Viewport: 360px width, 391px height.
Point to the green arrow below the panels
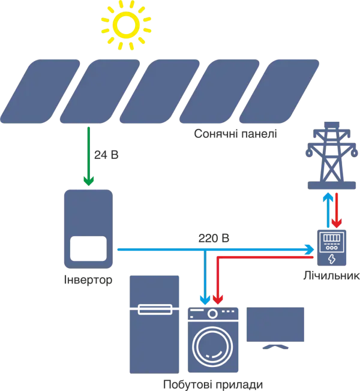click(x=88, y=156)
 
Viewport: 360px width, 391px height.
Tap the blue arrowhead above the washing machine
click(x=206, y=299)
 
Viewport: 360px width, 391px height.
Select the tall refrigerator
click(x=154, y=324)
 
